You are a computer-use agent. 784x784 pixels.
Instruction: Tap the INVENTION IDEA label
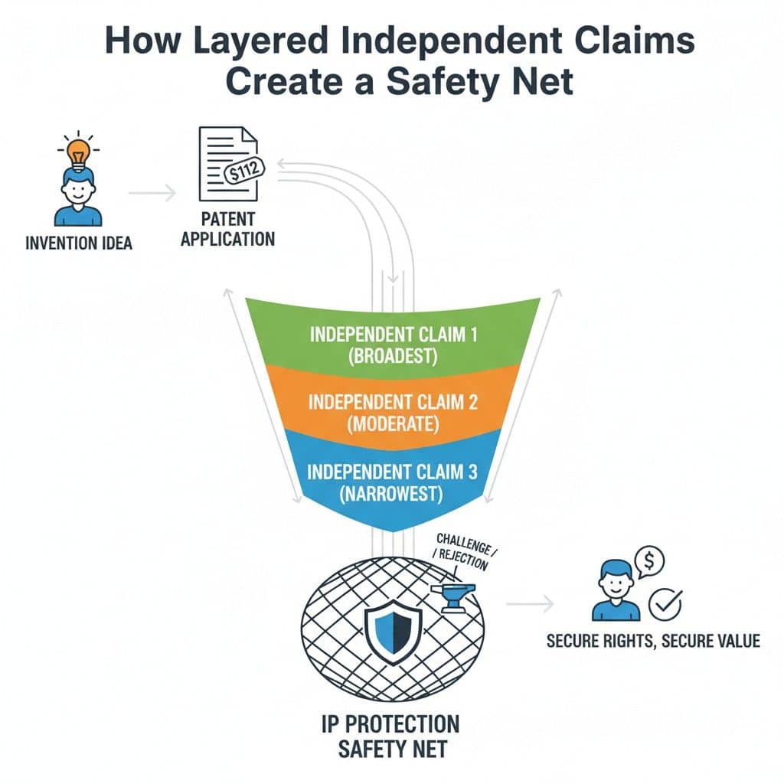click(78, 243)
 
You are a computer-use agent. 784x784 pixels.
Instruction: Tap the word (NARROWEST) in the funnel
click(393, 495)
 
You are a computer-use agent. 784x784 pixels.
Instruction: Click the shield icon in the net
click(391, 631)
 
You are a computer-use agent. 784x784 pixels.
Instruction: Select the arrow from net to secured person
click(530, 604)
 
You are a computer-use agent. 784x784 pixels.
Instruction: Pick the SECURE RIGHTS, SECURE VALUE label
click(653, 640)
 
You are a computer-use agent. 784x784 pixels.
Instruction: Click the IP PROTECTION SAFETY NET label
click(392, 736)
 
